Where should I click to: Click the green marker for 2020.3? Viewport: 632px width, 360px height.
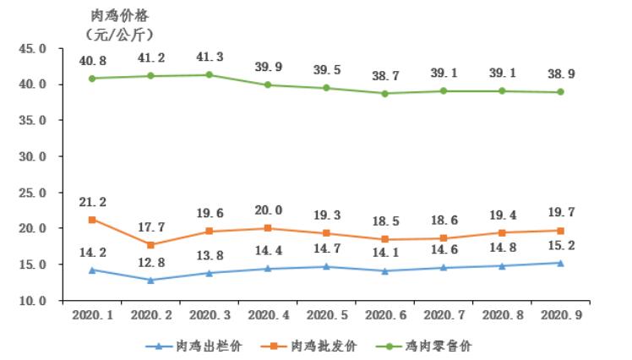pos(210,75)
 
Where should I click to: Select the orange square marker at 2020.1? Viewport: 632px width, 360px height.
pos(91,220)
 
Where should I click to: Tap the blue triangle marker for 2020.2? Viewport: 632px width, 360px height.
pos(150,280)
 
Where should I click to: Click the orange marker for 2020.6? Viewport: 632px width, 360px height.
pos(385,239)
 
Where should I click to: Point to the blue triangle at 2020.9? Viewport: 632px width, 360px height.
pos(561,263)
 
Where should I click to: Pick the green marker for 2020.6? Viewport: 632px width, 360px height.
pos(385,94)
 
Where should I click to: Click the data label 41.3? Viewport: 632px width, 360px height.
pos(210,57)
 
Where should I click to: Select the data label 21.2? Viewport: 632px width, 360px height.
pos(92,202)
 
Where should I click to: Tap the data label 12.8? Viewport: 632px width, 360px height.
pos(150,262)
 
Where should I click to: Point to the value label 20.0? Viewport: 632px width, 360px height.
pos(268,210)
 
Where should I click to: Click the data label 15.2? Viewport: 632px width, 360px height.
pos(561,245)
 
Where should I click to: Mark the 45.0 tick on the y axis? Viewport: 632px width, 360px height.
pos(32,49)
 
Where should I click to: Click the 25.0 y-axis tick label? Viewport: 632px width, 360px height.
pos(32,193)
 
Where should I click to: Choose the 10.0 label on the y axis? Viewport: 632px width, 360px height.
pos(32,301)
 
